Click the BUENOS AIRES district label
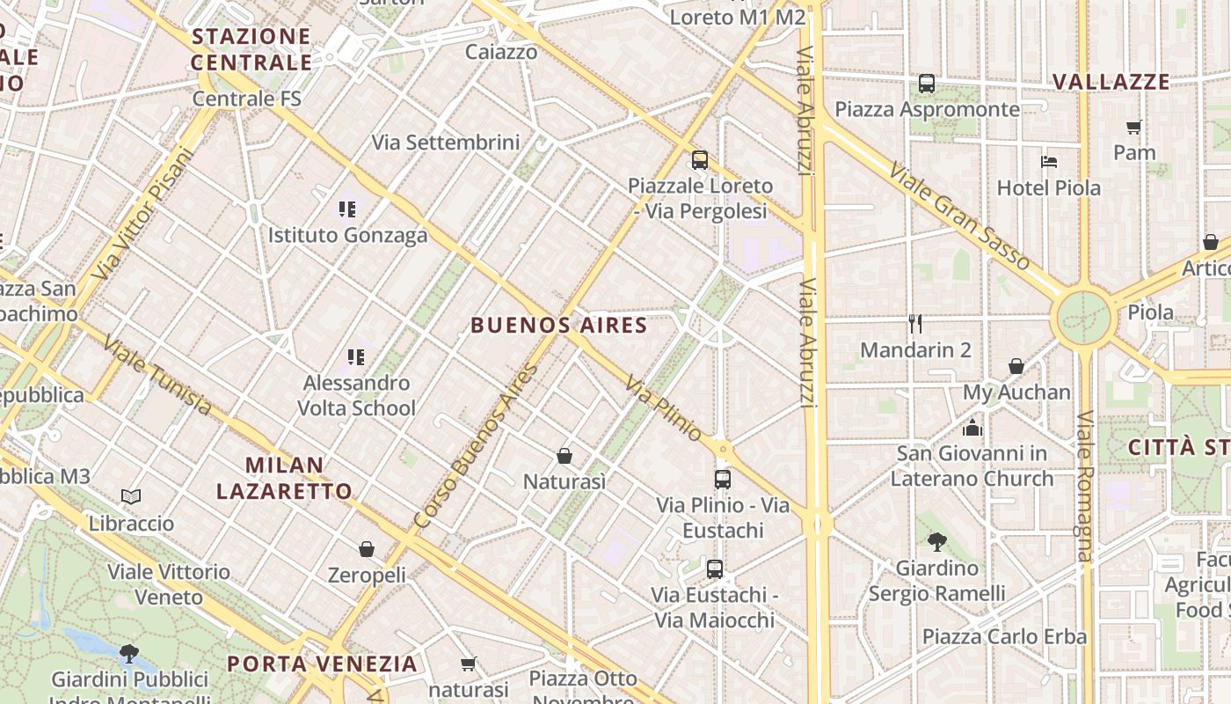559,326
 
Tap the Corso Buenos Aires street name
477,446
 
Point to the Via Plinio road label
664,408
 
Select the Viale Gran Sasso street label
958,215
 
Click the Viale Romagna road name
1084,486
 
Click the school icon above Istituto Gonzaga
347,209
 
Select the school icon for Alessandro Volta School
355,357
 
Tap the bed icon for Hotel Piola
1048,162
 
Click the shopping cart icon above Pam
1134,127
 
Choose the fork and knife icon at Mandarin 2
915,324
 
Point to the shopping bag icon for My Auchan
1016,366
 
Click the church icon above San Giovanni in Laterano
972,428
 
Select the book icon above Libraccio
131,497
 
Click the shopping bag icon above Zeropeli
367,549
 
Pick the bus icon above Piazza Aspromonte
927,84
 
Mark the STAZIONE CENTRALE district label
251,49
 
